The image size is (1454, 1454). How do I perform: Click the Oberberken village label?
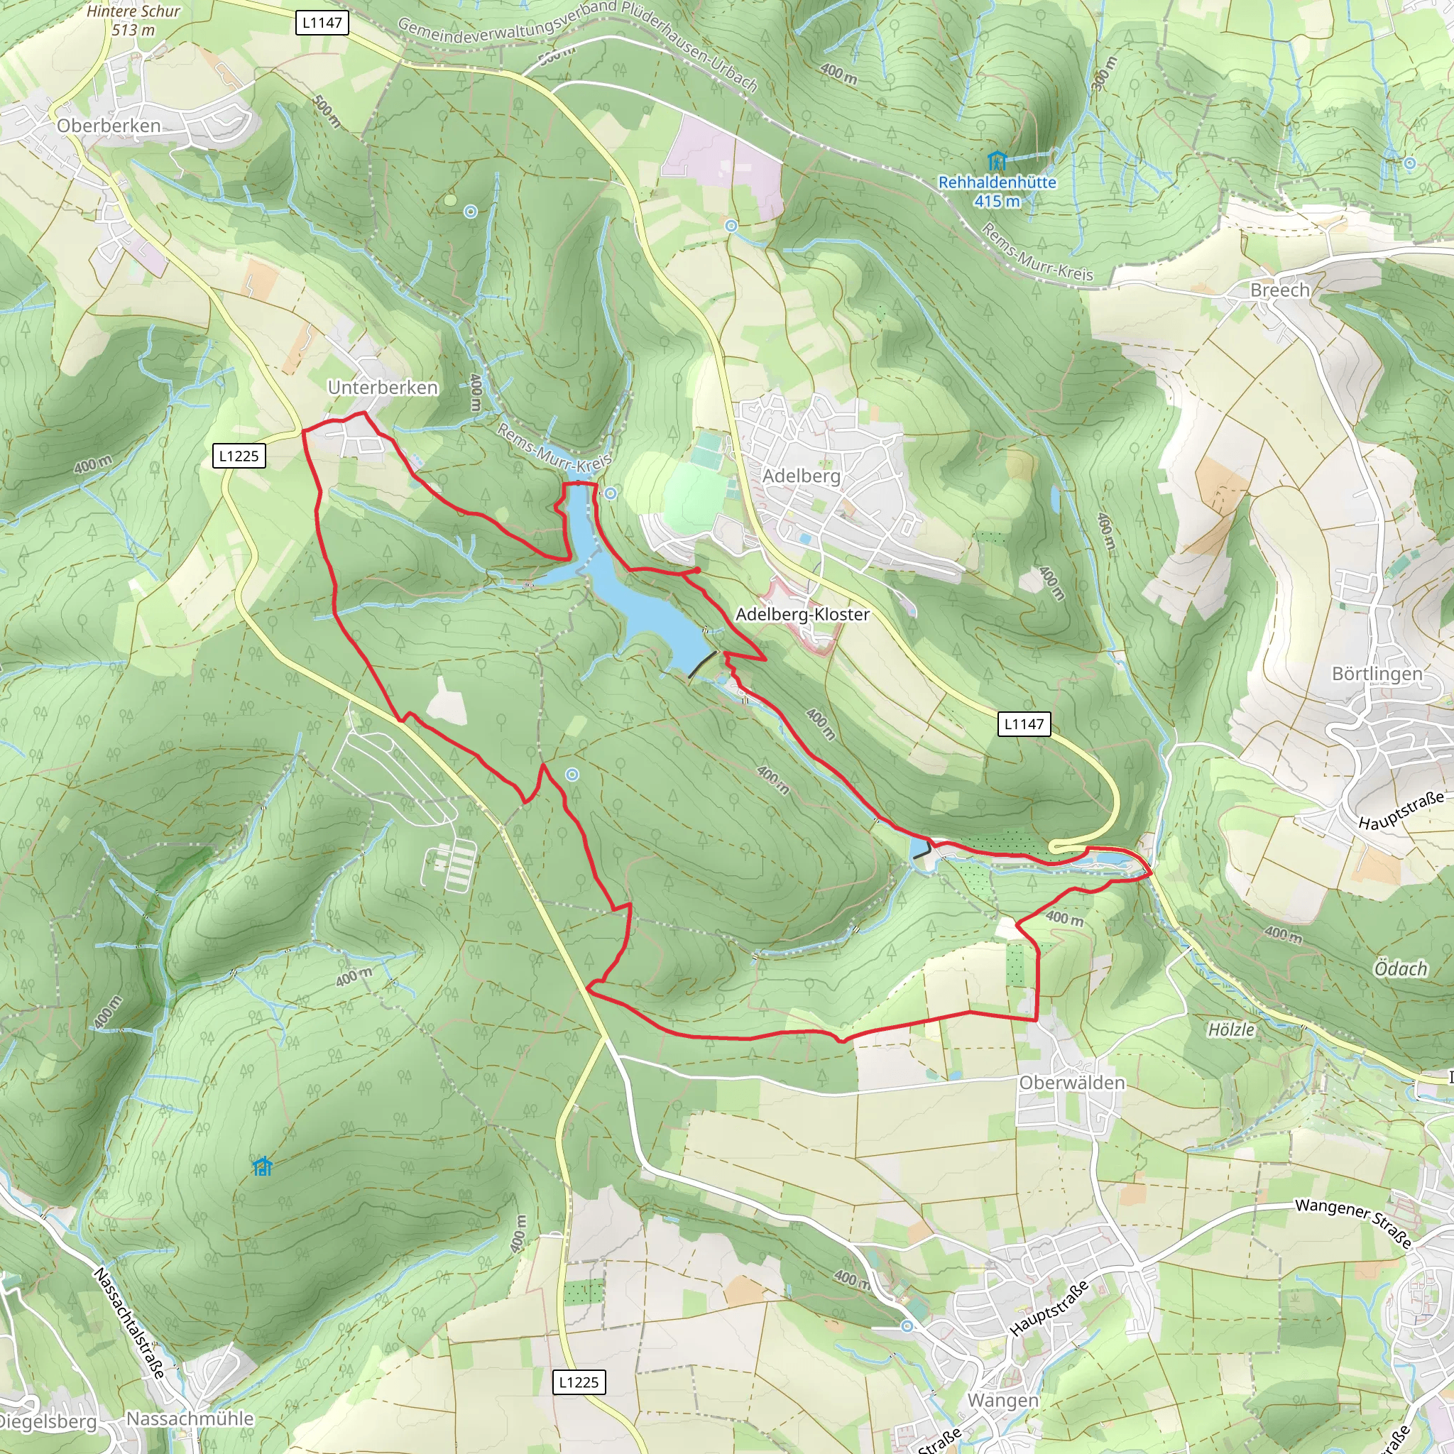click(109, 126)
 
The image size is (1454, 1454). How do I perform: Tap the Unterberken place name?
click(383, 388)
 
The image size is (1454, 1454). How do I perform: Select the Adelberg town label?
click(801, 476)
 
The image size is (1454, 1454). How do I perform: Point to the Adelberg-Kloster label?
click(802, 614)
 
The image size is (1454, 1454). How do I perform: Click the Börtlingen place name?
click(1377, 674)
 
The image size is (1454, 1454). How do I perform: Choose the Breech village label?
click(1279, 290)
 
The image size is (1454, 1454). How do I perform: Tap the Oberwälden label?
click(1071, 1082)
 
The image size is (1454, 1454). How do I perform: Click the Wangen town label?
click(1002, 1401)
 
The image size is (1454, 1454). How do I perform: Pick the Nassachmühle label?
click(190, 1419)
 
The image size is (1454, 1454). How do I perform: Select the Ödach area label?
click(1401, 968)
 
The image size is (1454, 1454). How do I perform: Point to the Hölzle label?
click(1231, 1029)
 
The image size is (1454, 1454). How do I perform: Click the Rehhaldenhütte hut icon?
click(996, 160)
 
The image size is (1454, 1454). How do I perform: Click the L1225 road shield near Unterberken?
click(239, 456)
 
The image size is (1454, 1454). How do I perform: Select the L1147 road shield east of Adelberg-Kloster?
click(1024, 724)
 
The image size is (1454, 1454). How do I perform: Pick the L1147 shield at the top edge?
click(322, 23)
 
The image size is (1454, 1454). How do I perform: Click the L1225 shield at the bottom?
click(579, 1382)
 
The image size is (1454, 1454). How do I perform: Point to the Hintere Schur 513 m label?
click(133, 21)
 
